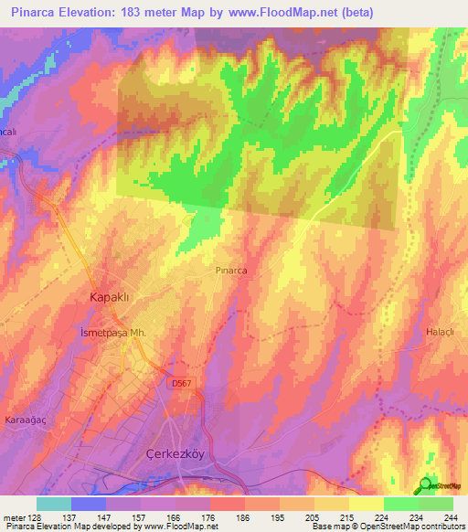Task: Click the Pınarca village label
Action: coord(232,271)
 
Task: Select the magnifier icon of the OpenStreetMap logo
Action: coord(426,484)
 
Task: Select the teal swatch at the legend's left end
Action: coord(53,504)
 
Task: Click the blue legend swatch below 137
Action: coord(89,504)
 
